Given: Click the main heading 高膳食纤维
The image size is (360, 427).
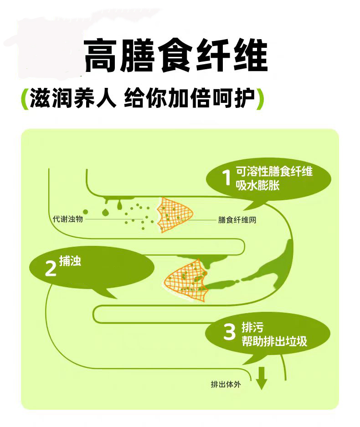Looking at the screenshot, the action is pyautogui.click(x=175, y=56).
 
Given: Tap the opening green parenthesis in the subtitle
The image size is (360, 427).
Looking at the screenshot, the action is pyautogui.click(x=23, y=99).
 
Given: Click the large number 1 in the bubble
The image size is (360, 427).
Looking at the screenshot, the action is pyautogui.click(x=226, y=178).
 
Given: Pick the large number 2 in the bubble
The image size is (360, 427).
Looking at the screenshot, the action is pyautogui.click(x=50, y=269).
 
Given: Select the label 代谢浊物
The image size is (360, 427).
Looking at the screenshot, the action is pyautogui.click(x=68, y=219).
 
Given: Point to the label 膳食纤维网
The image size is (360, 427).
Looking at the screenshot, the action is pyautogui.click(x=237, y=220).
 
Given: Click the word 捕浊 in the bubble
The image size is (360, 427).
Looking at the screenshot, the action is pyautogui.click(x=70, y=261).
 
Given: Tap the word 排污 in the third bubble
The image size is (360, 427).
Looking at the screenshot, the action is pyautogui.click(x=252, y=327).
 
